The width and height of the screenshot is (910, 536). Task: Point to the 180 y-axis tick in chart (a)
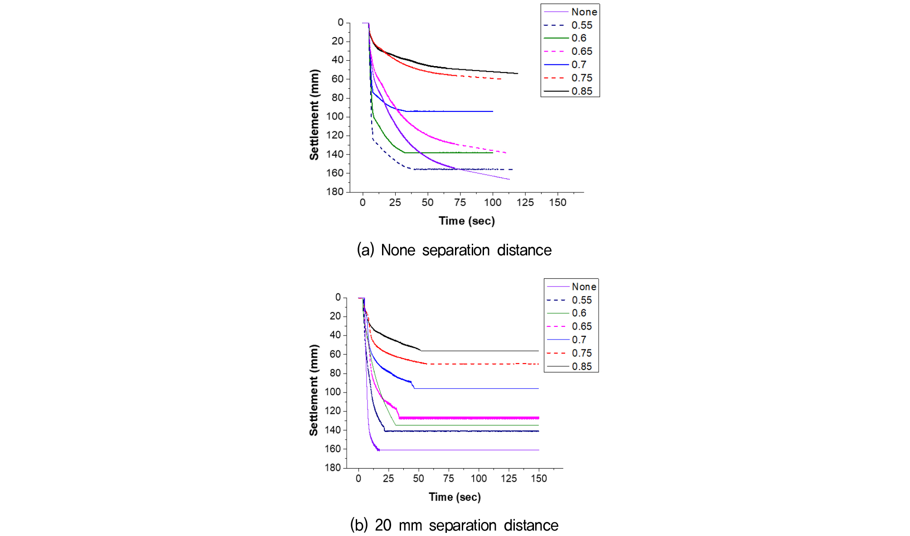[x=335, y=191]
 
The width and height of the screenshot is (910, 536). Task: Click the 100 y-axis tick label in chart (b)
[x=333, y=392]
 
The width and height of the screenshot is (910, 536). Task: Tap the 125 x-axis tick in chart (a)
[x=525, y=202]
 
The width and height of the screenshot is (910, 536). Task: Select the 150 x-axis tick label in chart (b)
[x=539, y=479]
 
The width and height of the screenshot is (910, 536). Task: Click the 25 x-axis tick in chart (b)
[x=388, y=479]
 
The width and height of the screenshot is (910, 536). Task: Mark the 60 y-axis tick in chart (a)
[x=338, y=79]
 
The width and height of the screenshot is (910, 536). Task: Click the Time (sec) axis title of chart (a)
[x=466, y=221]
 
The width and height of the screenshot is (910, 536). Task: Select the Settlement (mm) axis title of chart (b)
[x=314, y=390]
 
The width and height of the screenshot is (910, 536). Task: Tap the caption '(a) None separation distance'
[x=454, y=250]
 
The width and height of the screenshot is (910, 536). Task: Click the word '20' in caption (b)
[x=383, y=525]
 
